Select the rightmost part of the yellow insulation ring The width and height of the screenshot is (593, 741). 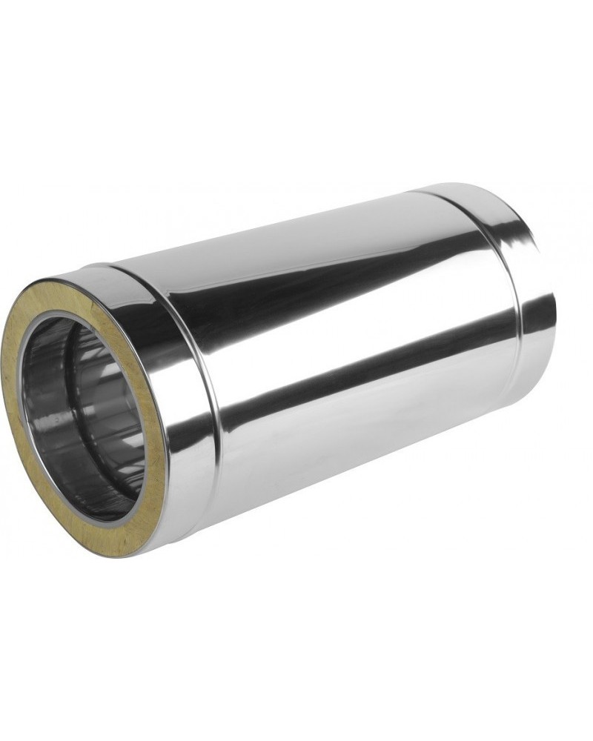click(159, 445)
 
